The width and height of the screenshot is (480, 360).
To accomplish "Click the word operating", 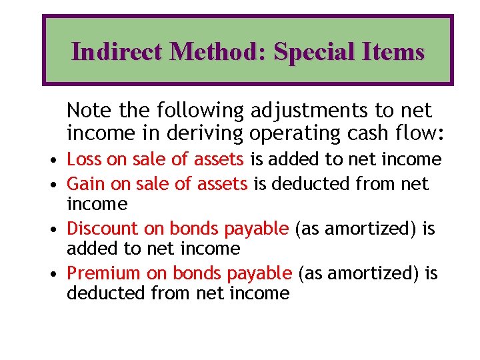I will [291, 133].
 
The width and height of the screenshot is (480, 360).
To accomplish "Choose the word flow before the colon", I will [415, 133].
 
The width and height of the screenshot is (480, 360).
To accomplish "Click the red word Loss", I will [84, 159].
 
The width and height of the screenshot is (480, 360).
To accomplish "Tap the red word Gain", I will [85, 183].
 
